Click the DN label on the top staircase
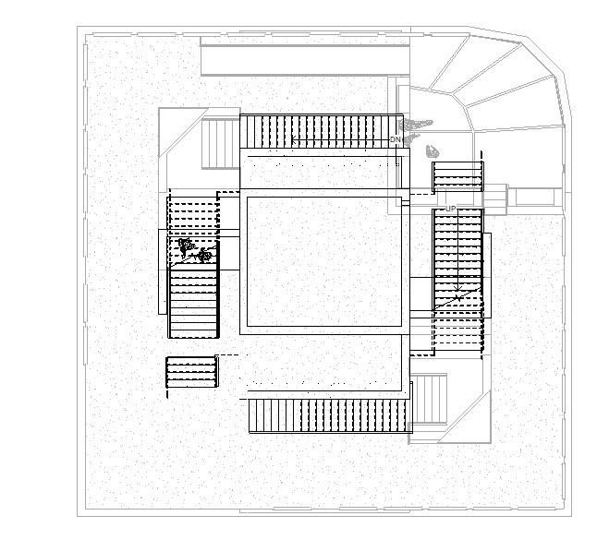coord(395,139)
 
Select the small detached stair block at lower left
coord(191,372)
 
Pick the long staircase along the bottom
coord(329,415)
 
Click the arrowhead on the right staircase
coord(457,298)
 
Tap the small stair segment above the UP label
coord(457,175)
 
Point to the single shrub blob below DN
coord(432,150)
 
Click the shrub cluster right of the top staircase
coord(415,124)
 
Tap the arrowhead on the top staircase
coord(294,141)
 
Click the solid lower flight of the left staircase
coord(193,305)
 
